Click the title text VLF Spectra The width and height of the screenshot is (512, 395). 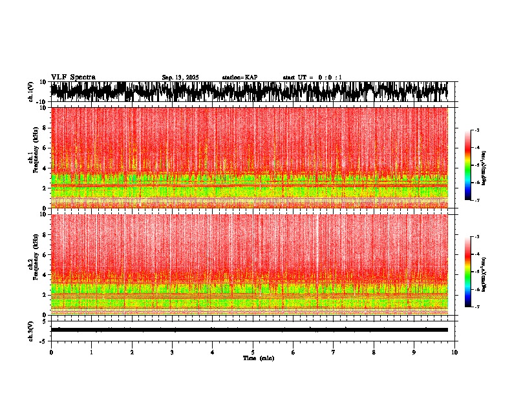(x=73, y=77)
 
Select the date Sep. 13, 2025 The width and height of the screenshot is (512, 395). (x=180, y=77)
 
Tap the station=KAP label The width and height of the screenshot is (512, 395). (x=239, y=77)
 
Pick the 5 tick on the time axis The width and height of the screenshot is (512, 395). (x=253, y=352)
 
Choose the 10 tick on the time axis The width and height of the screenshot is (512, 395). (x=454, y=352)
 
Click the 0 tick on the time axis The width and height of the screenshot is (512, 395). (x=51, y=352)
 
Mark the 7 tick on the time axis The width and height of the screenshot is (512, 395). (x=334, y=352)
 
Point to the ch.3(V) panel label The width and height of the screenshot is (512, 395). (x=31, y=330)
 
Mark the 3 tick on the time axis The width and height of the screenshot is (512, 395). (x=172, y=352)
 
